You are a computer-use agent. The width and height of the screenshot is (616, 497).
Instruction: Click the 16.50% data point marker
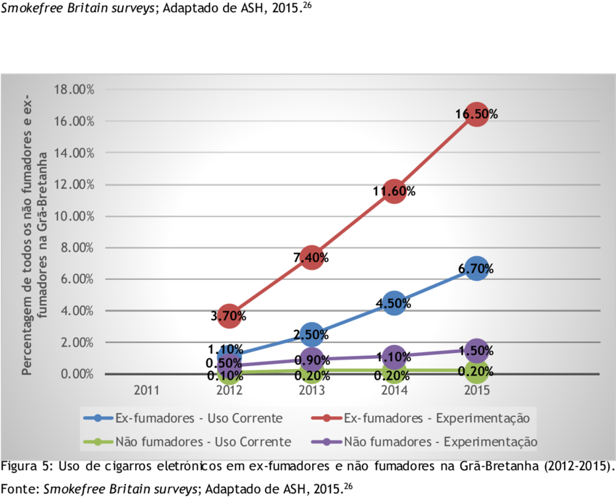[476, 114]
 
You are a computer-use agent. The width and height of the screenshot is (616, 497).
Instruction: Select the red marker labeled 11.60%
[394, 191]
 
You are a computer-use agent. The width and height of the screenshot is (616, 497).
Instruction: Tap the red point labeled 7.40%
[311, 257]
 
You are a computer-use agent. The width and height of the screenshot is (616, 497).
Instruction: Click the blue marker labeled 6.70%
[476, 268]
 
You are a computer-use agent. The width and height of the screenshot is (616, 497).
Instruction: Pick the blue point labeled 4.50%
[394, 303]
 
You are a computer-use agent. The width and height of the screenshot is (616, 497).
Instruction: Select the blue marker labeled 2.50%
[311, 334]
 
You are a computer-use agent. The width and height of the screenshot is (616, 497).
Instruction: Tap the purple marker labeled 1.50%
[476, 350]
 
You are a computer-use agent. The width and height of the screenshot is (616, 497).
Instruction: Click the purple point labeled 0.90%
[311, 360]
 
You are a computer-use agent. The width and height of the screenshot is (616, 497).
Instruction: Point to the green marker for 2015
[476, 371]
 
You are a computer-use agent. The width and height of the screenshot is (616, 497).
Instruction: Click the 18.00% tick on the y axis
[73, 90]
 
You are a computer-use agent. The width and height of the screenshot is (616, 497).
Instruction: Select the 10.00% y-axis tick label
[73, 216]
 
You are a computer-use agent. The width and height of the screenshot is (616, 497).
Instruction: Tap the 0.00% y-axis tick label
[76, 374]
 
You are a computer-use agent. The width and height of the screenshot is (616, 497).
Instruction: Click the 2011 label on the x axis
[146, 391]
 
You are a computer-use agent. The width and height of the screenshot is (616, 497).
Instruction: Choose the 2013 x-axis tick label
[311, 391]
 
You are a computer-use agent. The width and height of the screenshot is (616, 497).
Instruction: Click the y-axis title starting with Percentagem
[34, 231]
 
